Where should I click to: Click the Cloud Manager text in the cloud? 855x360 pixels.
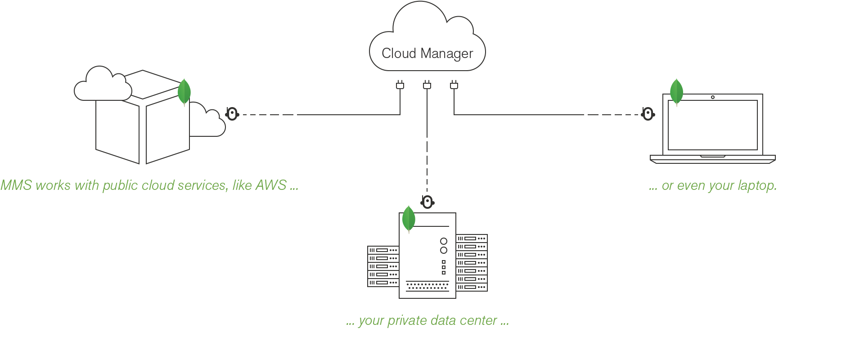coord(427,54)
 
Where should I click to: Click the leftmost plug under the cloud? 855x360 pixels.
coord(400,85)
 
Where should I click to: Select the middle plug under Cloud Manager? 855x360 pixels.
coord(427,85)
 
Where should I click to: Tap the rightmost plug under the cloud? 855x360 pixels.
coord(454,85)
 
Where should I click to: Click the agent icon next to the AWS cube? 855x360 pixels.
coord(232,114)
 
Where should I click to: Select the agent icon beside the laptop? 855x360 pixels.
coord(648,114)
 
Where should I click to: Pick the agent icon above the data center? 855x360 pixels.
coord(427,202)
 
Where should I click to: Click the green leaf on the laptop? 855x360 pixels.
coord(676,92)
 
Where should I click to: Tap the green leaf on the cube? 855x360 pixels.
coord(184,92)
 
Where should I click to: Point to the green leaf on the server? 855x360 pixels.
coord(409,219)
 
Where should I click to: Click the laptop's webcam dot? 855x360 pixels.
coord(713,97)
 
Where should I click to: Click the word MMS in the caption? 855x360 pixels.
coord(16,185)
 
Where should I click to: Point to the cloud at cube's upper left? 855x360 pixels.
coord(102,85)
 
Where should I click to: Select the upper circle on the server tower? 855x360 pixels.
coord(444,241)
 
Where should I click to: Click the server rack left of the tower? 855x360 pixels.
coord(383,266)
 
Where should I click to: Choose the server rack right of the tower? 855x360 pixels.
coord(472,263)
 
